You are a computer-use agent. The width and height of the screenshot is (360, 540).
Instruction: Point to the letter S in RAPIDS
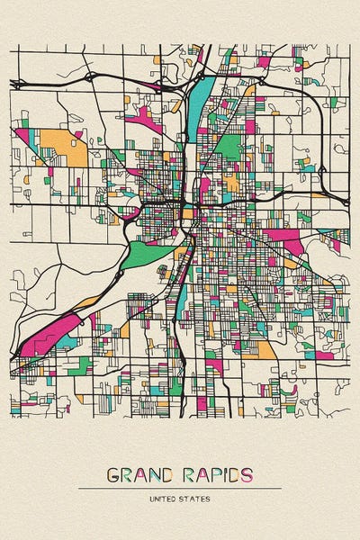[247, 474]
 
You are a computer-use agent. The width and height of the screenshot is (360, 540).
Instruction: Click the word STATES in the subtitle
[195, 498]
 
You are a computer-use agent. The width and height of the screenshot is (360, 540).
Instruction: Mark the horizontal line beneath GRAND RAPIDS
[180, 488]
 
